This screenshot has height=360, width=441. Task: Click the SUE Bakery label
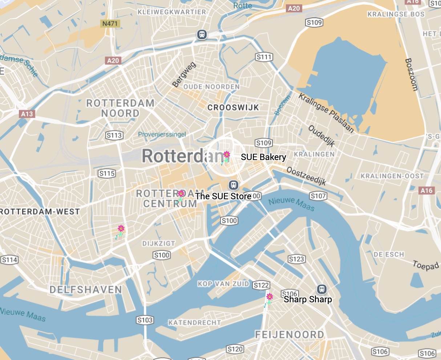click(263, 157)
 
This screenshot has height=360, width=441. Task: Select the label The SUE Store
click(223, 196)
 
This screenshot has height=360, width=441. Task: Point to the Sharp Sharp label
click(308, 299)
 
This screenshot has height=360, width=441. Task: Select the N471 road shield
click(110, 24)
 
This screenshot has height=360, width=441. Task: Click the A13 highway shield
click(27, 114)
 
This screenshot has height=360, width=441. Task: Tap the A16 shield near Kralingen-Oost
click(426, 190)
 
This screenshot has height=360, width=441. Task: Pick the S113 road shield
click(114, 136)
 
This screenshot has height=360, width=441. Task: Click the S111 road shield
click(264, 57)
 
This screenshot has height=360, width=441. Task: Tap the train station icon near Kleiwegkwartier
click(202, 34)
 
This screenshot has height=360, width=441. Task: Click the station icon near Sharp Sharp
click(321, 289)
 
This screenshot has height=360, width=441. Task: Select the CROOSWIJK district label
click(233, 107)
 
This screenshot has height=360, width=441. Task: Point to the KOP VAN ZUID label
click(223, 284)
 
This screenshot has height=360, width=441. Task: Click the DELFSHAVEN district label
click(86, 290)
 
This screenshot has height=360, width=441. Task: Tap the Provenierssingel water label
click(162, 134)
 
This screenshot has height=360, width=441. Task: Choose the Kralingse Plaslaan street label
click(326, 113)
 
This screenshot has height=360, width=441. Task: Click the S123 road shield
click(296, 259)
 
